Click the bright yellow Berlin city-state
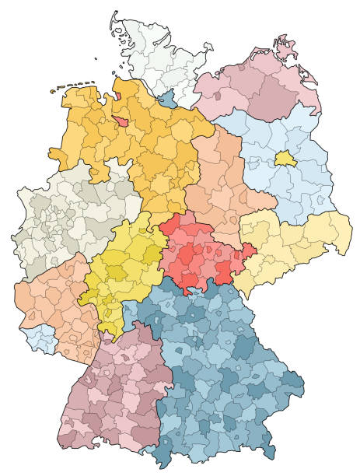[285, 159]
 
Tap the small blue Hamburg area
[168, 98]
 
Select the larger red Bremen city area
[121, 121]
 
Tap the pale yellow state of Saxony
[295, 241]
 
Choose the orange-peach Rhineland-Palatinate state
[54, 303]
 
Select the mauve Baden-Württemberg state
[117, 389]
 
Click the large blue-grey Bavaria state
[225, 366]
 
